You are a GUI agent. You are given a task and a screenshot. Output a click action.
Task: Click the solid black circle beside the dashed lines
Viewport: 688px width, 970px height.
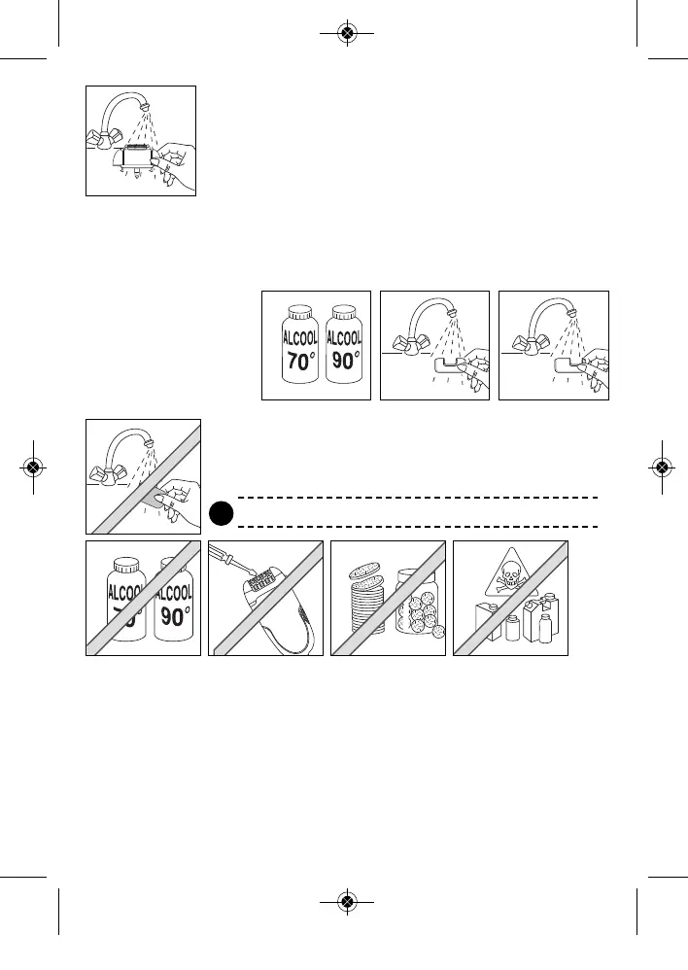221,511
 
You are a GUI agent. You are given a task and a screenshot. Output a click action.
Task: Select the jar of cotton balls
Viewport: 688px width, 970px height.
420,611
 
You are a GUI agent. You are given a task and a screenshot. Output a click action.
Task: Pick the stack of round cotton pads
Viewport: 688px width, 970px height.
365,608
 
